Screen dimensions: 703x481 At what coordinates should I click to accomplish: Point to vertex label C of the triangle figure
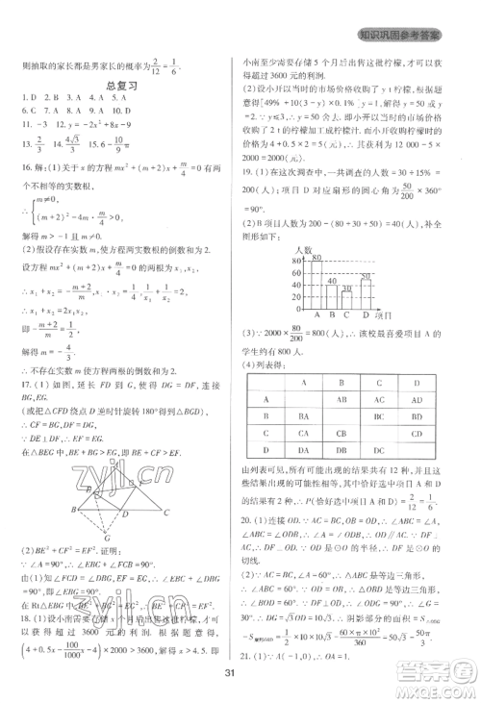[167, 513]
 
